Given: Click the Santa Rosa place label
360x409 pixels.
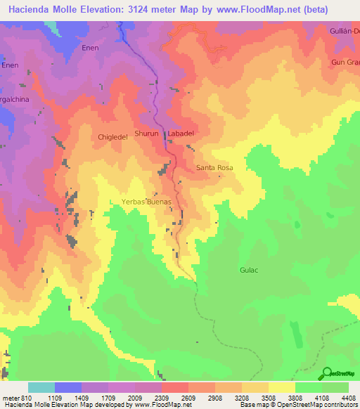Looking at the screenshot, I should [x=214, y=168].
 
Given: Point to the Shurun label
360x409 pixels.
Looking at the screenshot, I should [x=146, y=133].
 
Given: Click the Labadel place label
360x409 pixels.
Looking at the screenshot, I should [x=180, y=134].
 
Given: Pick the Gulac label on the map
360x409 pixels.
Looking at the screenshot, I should [x=250, y=269].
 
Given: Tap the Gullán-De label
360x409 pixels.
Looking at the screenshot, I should [x=345, y=32].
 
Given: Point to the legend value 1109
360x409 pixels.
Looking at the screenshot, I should [x=55, y=398].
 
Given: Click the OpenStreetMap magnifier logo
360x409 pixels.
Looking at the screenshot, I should [x=327, y=373].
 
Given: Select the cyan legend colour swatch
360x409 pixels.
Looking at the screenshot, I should [x=41, y=387].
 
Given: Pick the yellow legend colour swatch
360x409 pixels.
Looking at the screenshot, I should [x=282, y=387].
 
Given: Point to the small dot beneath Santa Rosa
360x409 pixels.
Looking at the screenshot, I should [x=219, y=176].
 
